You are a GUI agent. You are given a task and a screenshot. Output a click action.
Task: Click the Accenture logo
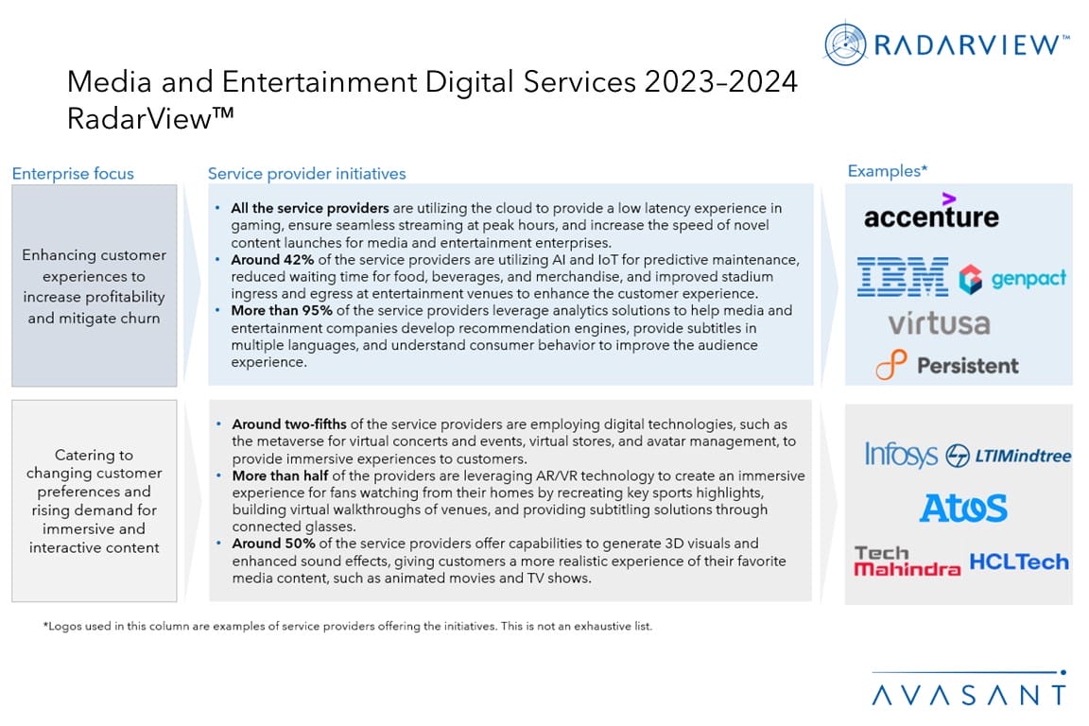[x=930, y=213]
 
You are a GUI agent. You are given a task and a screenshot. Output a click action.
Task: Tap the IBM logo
[x=902, y=278]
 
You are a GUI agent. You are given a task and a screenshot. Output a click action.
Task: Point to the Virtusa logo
[x=939, y=323]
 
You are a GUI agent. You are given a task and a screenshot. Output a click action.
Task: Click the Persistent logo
[x=946, y=365]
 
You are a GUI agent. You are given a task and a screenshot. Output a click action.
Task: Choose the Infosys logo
[x=901, y=455]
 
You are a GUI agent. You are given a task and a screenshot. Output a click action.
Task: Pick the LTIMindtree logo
[x=1009, y=456]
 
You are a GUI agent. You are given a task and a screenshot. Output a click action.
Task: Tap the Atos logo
[x=963, y=508]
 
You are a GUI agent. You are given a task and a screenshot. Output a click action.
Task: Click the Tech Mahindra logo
[x=907, y=561]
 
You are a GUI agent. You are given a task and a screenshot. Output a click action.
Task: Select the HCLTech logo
[x=1019, y=561]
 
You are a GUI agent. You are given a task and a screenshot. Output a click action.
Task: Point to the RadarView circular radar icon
[x=846, y=44]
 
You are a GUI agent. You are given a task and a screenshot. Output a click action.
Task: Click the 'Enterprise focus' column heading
[x=73, y=174]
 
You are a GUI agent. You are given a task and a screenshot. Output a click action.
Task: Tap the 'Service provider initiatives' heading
[x=306, y=174]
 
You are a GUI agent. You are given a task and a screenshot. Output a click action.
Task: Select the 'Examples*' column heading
[x=888, y=171]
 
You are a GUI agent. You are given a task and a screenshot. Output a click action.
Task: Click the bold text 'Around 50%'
[x=269, y=544]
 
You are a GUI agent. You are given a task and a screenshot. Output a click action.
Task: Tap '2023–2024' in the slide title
[x=719, y=83]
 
